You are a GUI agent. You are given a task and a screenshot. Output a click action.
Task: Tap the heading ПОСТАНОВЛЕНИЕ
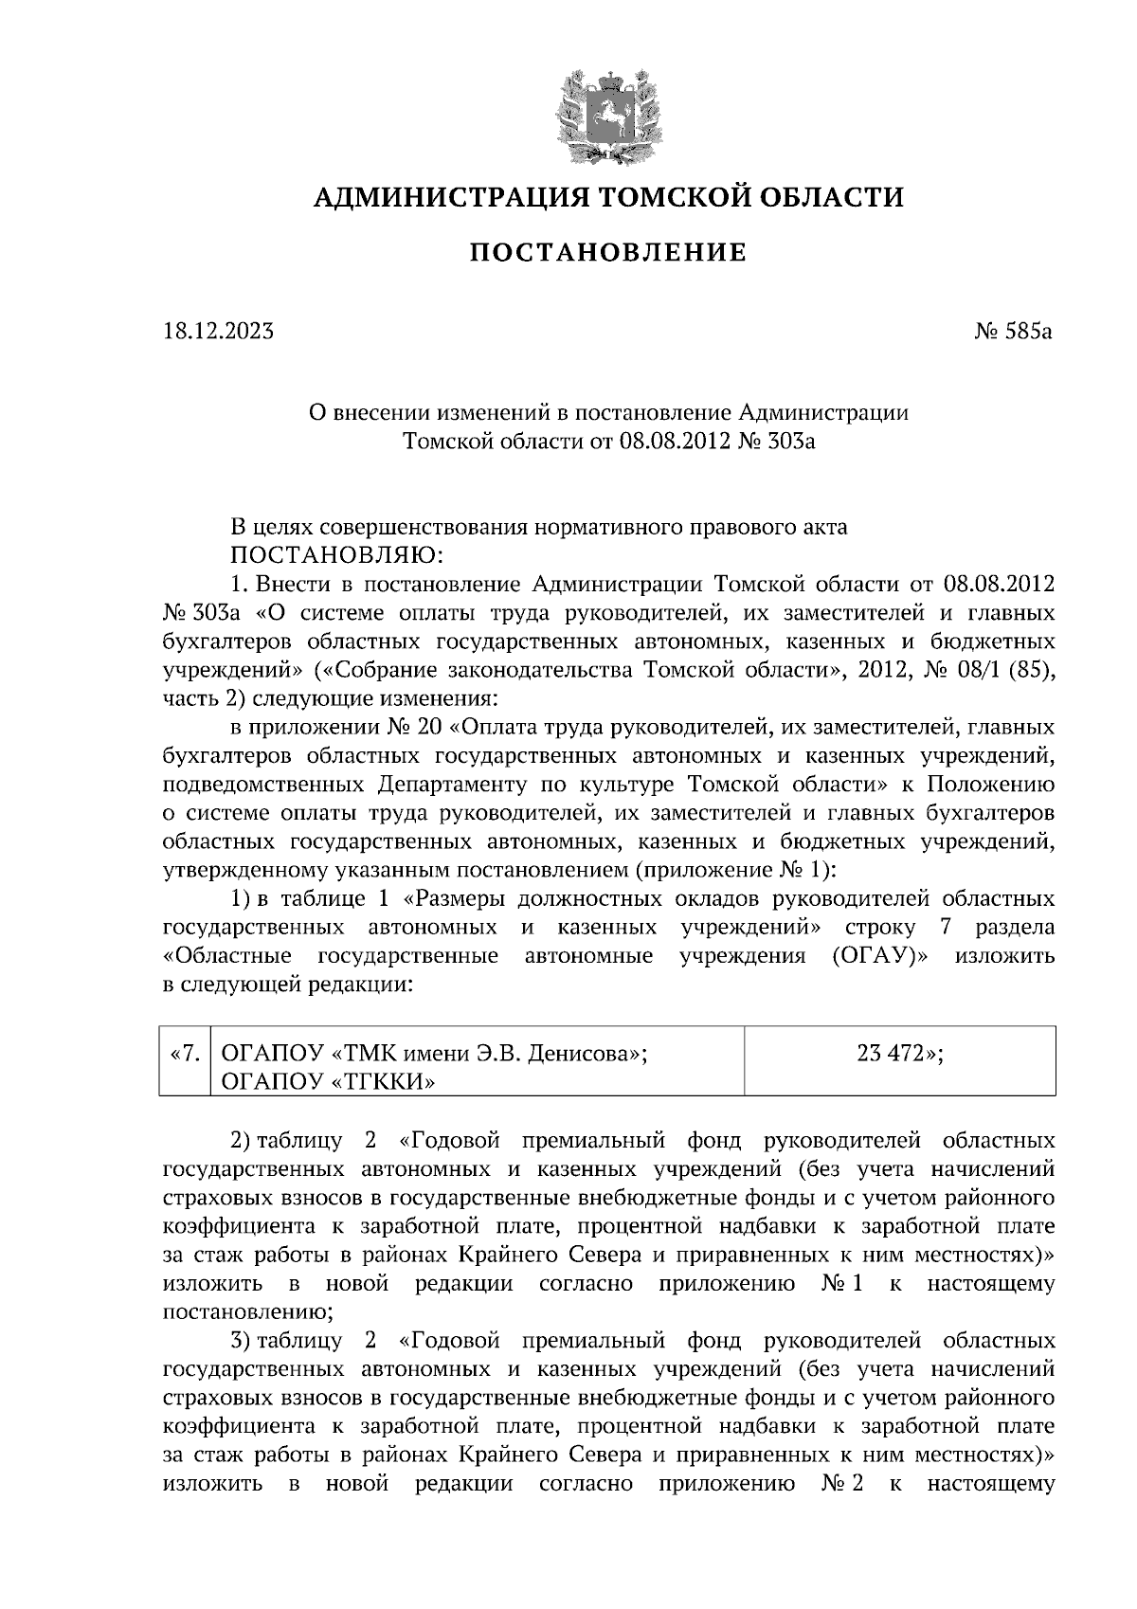(x=608, y=253)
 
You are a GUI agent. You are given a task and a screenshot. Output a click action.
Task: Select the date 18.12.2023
(x=218, y=332)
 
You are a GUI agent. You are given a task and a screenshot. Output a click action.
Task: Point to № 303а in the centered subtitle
(x=774, y=441)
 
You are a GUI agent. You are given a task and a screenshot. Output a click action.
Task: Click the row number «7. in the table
(x=184, y=1053)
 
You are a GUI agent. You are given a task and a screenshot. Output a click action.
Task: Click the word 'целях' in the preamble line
(x=286, y=527)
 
